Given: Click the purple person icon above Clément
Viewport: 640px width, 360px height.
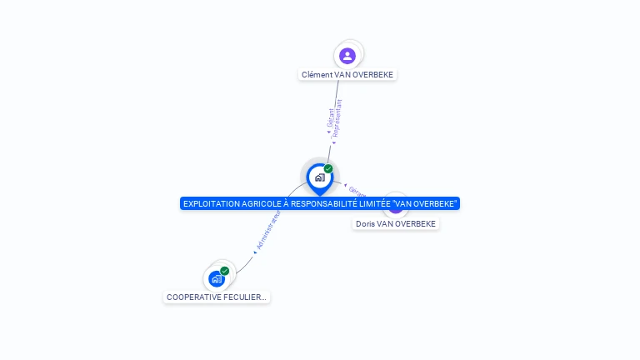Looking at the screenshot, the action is tap(347, 56).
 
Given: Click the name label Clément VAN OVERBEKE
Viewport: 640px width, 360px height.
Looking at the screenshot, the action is tap(347, 74).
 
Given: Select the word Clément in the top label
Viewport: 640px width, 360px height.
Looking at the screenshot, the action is tap(316, 74).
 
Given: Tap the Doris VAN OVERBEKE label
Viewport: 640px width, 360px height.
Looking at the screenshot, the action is tap(396, 223).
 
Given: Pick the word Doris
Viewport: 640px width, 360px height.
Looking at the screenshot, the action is tap(365, 223).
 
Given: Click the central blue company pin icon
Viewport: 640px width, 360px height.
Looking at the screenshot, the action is tap(319, 178).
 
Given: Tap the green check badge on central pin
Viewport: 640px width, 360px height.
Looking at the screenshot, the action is tap(328, 169).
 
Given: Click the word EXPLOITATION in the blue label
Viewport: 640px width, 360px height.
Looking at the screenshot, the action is tap(211, 203).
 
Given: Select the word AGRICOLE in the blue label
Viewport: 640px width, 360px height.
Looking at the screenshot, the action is tap(260, 203).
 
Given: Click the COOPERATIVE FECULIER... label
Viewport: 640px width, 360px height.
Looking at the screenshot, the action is tap(217, 297).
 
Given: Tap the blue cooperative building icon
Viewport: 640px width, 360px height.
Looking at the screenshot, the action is tap(217, 279).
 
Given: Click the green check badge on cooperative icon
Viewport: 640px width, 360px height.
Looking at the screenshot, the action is tap(225, 271).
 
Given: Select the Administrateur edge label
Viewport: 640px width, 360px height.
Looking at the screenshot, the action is tap(269, 229).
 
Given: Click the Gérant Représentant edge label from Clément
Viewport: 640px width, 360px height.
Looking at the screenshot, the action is tap(334, 117).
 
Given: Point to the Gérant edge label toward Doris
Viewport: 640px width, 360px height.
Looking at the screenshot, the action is tap(357, 191).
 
